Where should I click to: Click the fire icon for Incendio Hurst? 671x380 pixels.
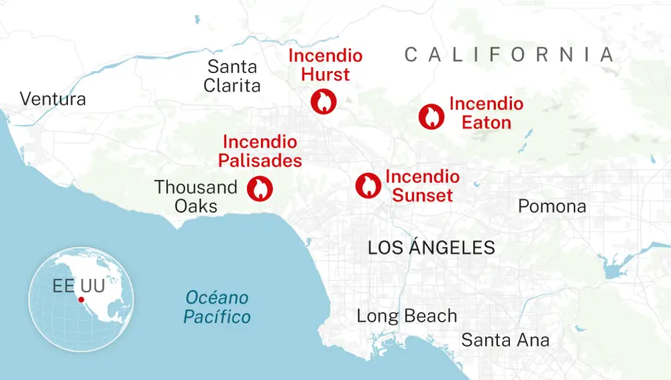(323, 101)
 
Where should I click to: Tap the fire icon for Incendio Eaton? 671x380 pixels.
(431, 117)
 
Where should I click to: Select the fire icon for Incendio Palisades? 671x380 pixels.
(260, 189)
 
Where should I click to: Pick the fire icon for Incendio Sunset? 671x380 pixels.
(368, 185)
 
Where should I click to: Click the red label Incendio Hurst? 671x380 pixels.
(325, 65)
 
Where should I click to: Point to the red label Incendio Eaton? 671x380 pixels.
(486, 113)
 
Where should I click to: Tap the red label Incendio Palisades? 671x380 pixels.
(260, 151)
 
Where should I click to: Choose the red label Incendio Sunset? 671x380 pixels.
(422, 186)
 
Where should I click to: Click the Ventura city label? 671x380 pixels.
(53, 99)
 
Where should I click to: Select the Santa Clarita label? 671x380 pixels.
(232, 76)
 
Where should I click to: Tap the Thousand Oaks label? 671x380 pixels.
(196, 196)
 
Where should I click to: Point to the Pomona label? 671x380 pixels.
(552, 206)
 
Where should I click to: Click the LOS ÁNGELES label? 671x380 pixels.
(431, 247)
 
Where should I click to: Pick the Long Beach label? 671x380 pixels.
(407, 316)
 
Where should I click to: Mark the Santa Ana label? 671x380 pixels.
(505, 340)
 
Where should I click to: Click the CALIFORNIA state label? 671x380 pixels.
(509, 55)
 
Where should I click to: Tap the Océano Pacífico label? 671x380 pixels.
(217, 307)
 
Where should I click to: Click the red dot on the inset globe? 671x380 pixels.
(81, 299)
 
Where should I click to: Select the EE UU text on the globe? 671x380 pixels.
(79, 286)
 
